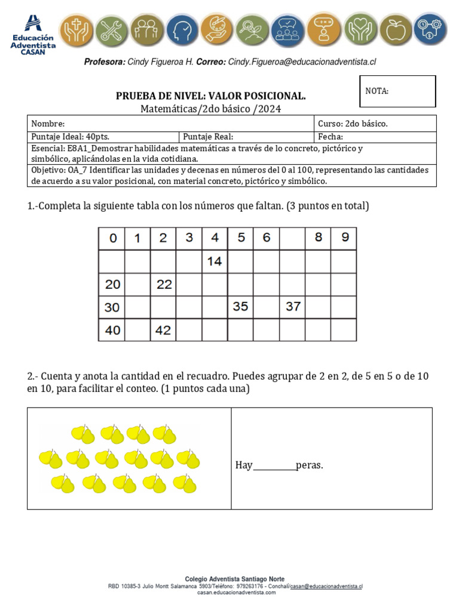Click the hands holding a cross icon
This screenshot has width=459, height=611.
click(x=75, y=29)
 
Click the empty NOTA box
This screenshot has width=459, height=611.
click(x=397, y=91)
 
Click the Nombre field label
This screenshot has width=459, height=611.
click(x=48, y=124)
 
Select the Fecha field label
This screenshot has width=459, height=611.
click(x=331, y=137)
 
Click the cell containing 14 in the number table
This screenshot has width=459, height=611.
click(x=215, y=261)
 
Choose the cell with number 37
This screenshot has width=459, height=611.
click(x=292, y=307)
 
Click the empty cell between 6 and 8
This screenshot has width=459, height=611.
click(x=292, y=238)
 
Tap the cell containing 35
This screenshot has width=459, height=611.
click(x=240, y=307)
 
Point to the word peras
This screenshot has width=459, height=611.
click(x=309, y=465)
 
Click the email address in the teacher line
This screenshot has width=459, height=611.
click(x=302, y=62)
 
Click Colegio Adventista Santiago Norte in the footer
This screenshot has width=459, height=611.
click(x=235, y=579)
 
